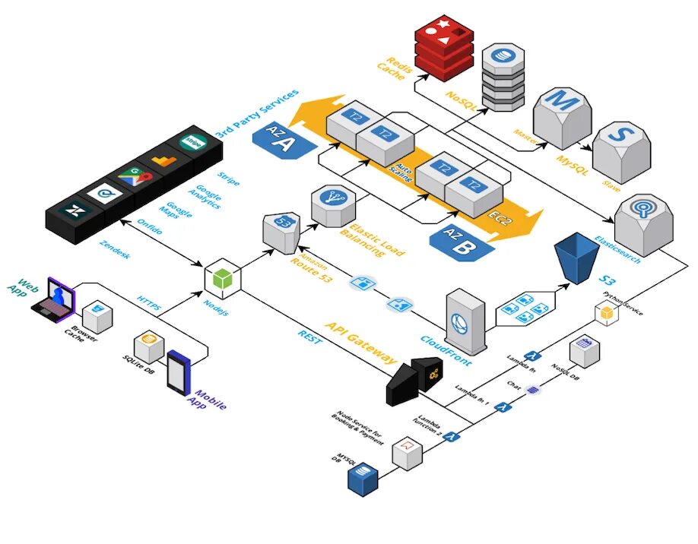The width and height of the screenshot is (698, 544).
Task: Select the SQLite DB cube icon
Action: click(x=149, y=346)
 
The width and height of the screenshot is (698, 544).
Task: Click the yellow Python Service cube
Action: click(x=606, y=313)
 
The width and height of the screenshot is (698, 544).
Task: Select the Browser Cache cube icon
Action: click(x=97, y=314)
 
